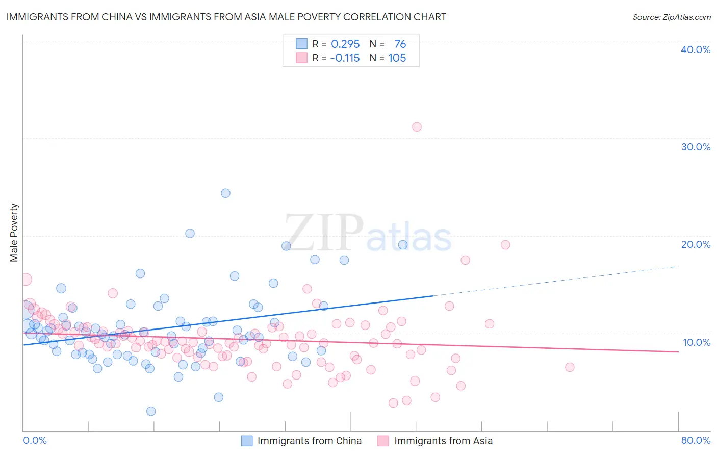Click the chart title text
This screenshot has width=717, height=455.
[226, 17]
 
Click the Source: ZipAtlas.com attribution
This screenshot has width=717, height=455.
[671, 17]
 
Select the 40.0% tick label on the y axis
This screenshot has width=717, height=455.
[695, 49]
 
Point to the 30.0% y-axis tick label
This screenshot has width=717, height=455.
[695, 147]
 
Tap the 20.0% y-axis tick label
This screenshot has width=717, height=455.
[695, 244]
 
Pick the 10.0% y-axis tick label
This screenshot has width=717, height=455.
[696, 342]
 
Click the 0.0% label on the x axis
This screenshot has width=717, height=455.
[35, 440]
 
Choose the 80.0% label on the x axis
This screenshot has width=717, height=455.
[696, 440]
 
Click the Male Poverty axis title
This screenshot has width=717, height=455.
[14, 233]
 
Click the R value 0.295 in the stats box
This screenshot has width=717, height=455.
[345, 44]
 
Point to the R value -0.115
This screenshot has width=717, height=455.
[345, 58]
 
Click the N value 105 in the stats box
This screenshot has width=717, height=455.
[397, 58]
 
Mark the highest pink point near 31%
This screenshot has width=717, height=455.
[417, 127]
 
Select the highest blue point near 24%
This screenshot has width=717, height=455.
[225, 193]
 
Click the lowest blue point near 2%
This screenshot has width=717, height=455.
[151, 411]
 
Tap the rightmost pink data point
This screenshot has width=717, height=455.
[570, 367]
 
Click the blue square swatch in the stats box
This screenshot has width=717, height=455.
[302, 44]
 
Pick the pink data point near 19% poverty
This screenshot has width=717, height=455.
[505, 245]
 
